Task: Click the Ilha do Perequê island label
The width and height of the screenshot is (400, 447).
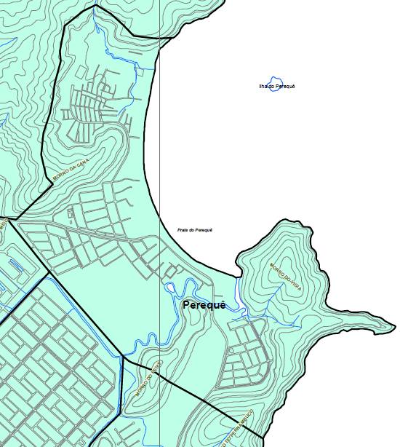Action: (x=277, y=86)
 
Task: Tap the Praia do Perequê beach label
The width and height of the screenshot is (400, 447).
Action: (x=195, y=230)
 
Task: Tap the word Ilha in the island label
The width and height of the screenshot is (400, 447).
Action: (x=264, y=86)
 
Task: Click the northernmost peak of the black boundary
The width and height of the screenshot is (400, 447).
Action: (x=95, y=6)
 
